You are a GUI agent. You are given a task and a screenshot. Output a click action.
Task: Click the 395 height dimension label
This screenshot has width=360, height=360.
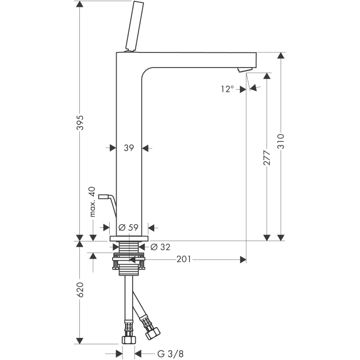pos(80,122)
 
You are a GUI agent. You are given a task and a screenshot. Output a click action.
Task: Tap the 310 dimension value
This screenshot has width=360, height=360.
pos(281,142)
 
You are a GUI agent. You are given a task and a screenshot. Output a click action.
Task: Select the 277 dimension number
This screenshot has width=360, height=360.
pos(267,158)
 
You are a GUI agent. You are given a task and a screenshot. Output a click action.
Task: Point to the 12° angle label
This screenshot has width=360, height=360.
pos(228,89)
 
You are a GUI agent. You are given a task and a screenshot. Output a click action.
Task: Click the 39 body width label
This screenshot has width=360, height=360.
pos(129,148)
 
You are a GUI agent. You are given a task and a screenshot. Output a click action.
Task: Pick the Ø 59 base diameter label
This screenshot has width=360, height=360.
pos(128,227)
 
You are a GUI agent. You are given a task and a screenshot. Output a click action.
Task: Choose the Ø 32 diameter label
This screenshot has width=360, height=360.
pos(161,247)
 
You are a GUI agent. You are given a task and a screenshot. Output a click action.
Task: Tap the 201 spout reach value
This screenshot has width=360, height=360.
pos(184,259)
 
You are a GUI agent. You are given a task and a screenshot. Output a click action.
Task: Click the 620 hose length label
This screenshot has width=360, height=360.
pos(80,289)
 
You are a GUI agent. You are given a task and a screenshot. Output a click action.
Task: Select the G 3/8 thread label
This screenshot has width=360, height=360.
pos(170,354)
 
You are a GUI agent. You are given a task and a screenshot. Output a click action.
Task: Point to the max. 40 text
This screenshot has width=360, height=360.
pos(92,202)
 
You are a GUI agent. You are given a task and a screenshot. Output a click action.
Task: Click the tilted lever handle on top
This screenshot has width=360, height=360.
pos(135,26)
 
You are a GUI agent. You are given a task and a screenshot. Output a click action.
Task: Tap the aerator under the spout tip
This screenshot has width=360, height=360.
pos(245,70)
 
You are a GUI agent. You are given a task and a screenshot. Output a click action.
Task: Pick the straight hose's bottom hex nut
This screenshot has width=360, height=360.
pos(129,339)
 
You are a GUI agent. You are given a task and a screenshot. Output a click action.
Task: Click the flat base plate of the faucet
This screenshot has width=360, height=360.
pos(129,239)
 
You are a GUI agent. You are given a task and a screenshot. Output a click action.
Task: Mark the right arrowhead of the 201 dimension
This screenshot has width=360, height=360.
pos(243,260)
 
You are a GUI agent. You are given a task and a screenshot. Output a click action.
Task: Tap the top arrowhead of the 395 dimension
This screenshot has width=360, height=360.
pos(80,4)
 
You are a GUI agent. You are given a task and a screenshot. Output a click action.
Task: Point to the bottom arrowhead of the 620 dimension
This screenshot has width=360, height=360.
pos(80,341)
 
